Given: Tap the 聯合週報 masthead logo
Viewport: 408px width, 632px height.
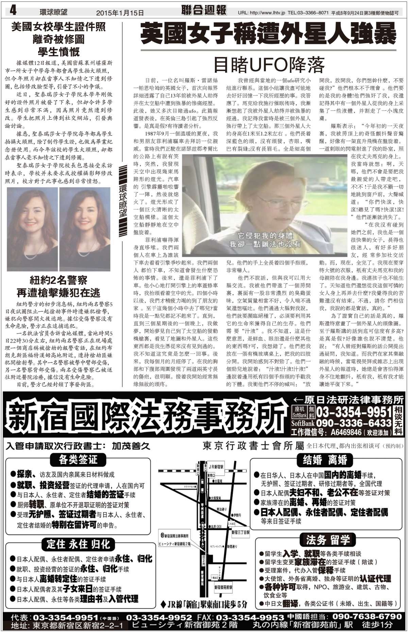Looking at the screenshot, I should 204,11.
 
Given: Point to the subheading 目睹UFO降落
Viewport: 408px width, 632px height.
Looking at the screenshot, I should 268,64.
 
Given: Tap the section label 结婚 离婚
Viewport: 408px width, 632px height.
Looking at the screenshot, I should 325,460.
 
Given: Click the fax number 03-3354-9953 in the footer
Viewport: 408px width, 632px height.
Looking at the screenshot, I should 250,617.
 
